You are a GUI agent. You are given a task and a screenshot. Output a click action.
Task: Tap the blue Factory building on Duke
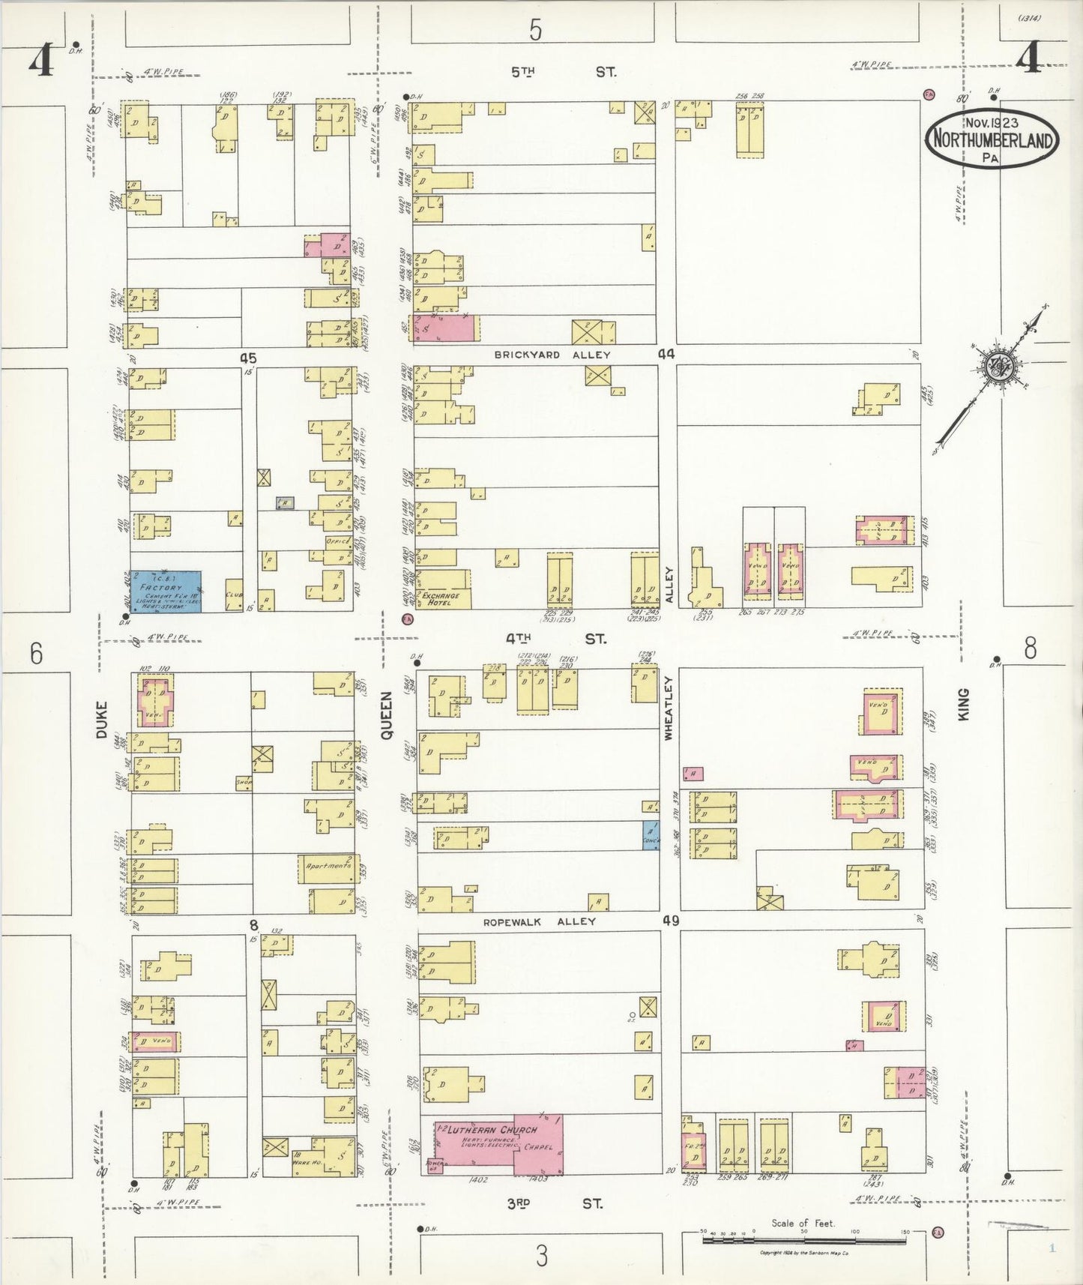point(165,592)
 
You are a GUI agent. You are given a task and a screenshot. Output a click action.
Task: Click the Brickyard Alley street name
point(552,355)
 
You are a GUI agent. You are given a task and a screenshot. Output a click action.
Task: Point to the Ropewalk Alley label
point(540,921)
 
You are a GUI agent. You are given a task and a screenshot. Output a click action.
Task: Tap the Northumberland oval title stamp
point(992,139)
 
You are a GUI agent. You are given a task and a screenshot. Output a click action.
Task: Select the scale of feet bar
point(803,1239)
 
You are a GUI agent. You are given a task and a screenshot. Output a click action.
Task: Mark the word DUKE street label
point(102,720)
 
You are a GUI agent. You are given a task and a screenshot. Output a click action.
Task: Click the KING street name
point(963,705)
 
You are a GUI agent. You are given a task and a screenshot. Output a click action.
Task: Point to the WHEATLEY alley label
point(669,708)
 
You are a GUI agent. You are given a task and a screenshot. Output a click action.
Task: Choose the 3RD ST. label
point(555,1203)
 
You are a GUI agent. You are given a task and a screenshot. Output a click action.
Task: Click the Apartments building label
point(328,866)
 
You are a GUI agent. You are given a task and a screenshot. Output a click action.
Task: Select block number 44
point(666,353)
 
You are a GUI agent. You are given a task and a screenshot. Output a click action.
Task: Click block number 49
point(670,920)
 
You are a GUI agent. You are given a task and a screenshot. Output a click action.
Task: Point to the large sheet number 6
point(36,654)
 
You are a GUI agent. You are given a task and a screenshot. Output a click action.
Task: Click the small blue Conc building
point(650,835)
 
